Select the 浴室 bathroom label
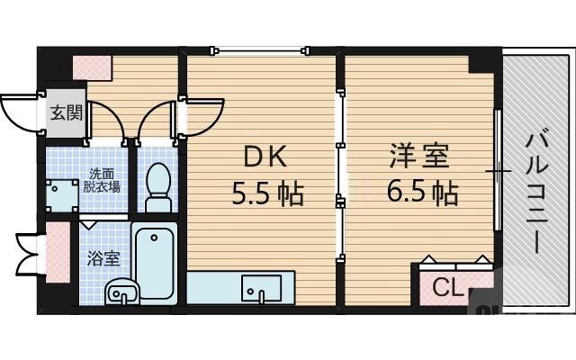tap(100, 256)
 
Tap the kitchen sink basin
tap(260, 288)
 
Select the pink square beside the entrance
tap(92, 67)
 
